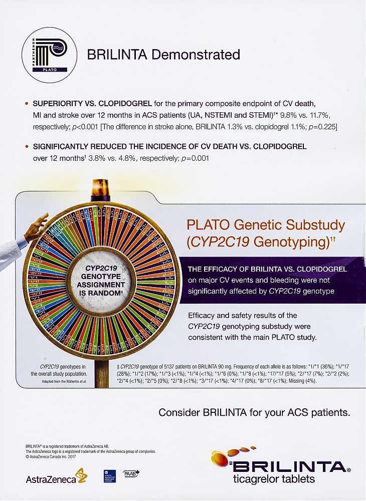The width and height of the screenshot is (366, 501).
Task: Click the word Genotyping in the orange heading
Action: point(290,241)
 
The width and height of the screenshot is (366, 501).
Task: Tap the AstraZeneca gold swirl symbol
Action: point(81,474)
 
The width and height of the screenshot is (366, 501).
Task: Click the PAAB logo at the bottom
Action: point(130,473)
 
